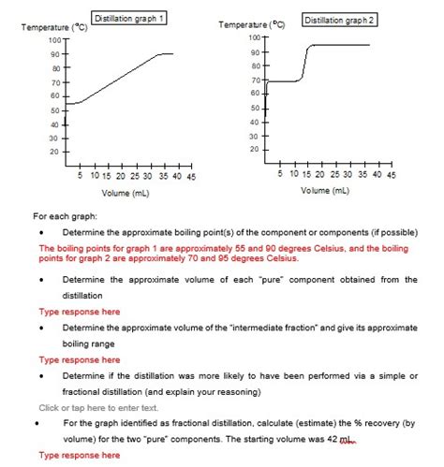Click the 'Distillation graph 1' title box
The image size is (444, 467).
pos(129,18)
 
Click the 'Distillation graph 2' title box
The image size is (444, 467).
pos(339,20)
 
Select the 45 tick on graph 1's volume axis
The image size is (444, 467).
pos(190,175)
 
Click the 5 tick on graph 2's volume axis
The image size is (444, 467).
pos(280,174)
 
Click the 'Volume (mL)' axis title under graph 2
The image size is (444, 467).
pos(325,191)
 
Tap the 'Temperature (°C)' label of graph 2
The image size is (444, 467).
pos(254,25)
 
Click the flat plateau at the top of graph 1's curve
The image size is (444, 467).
pos(165,54)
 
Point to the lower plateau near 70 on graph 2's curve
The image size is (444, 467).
pos(286,81)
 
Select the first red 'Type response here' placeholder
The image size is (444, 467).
pos(79,311)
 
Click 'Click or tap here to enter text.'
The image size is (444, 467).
pos(99,407)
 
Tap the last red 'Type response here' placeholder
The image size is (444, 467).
pos(79,455)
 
